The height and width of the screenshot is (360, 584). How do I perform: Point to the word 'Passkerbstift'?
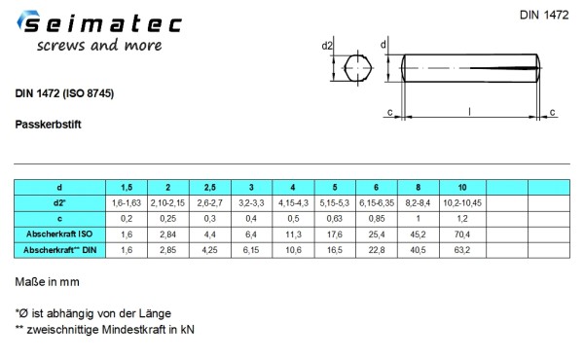click(48, 126)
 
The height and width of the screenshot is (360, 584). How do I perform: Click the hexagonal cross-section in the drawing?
click(358, 69)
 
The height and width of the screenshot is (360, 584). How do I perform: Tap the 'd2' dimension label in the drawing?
click(328, 46)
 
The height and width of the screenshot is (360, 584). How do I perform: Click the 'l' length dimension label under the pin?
click(470, 113)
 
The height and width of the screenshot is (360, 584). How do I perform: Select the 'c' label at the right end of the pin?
click(553, 113)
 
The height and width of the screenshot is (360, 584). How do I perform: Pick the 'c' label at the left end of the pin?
click(389, 113)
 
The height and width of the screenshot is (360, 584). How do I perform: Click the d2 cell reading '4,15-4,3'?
click(294, 202)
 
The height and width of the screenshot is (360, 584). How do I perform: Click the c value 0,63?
click(336, 219)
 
